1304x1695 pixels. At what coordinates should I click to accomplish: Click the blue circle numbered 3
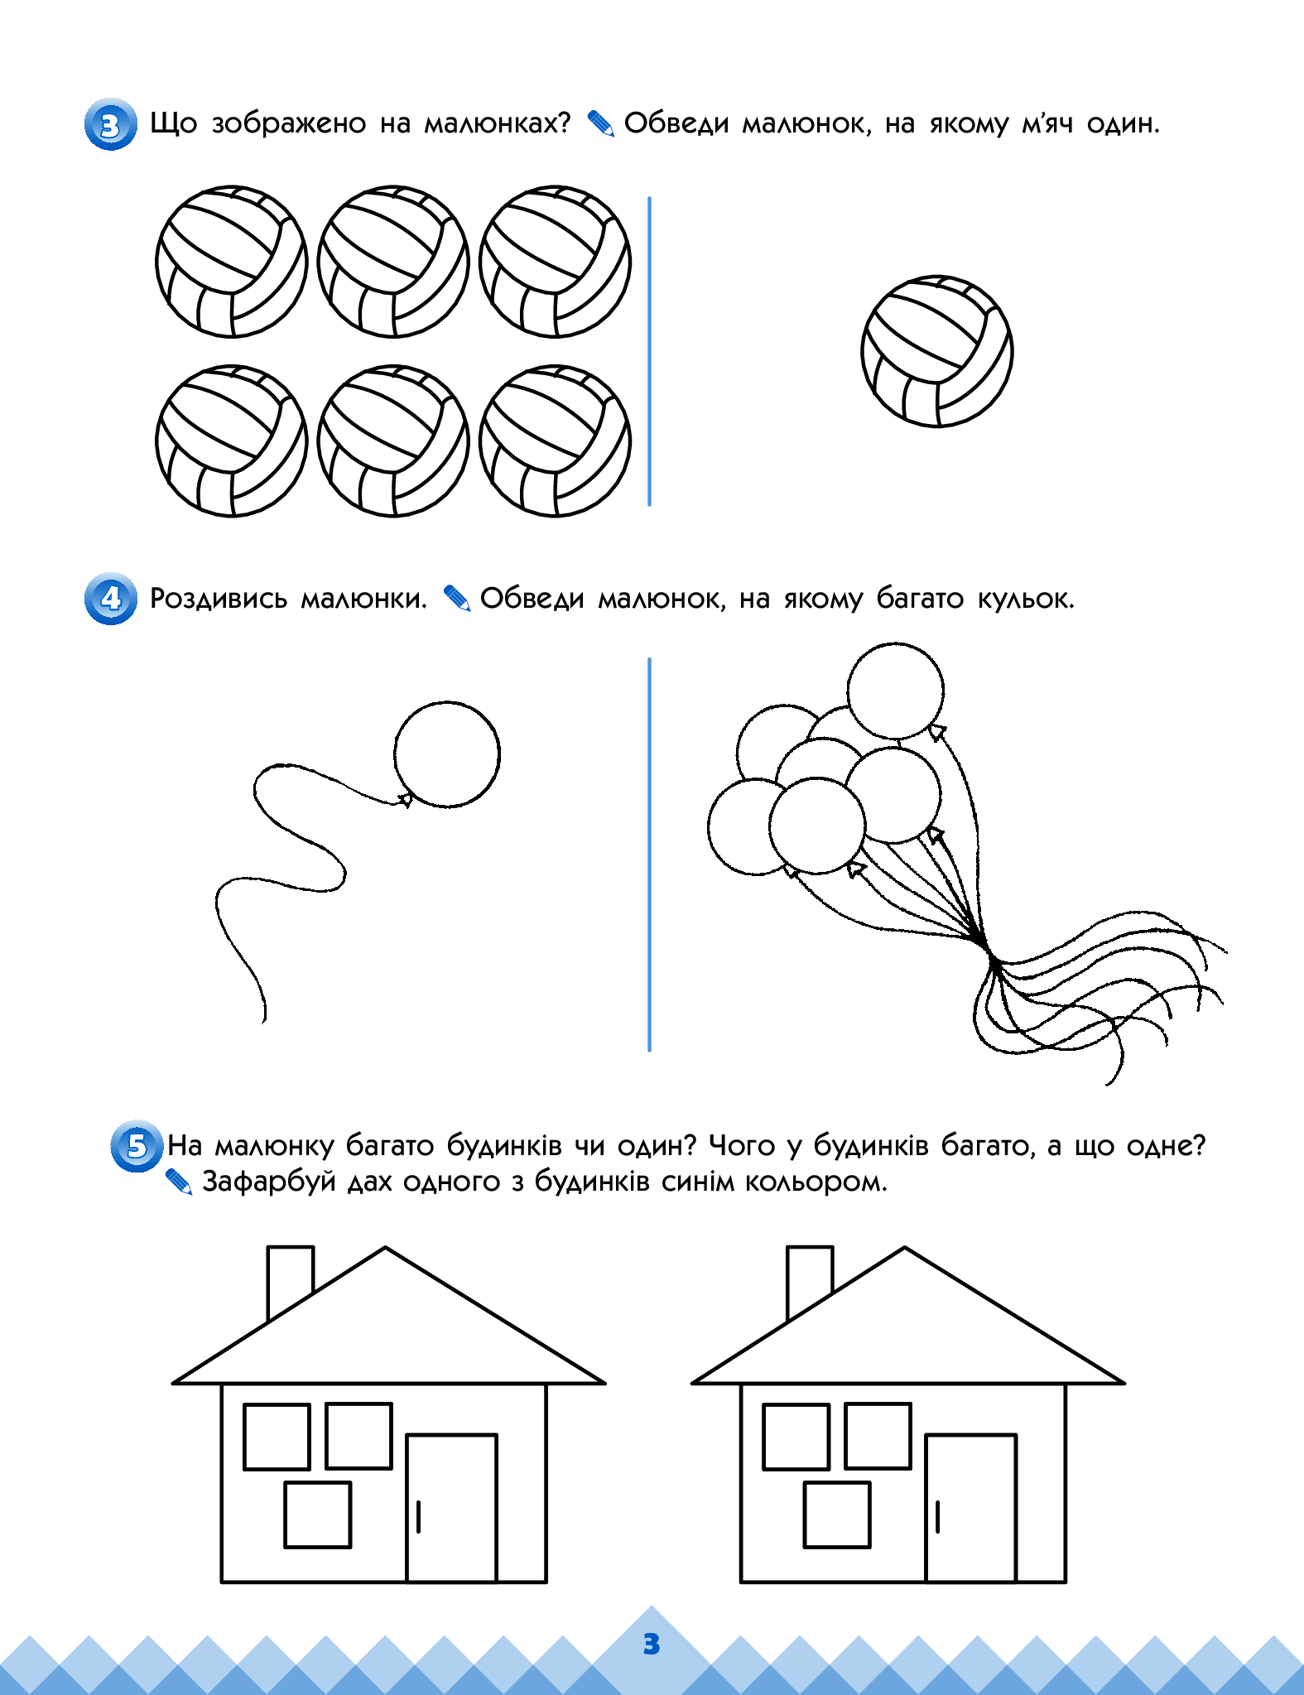tap(110, 125)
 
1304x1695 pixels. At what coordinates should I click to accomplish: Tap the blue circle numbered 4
tap(110, 599)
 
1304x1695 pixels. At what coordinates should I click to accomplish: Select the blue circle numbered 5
tap(137, 1146)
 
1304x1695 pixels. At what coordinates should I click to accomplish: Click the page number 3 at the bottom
tap(652, 1644)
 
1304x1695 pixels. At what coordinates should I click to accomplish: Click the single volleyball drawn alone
tap(936, 351)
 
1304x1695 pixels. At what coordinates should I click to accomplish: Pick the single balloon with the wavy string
tap(447, 754)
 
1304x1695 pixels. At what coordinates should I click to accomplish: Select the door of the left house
tap(451, 1508)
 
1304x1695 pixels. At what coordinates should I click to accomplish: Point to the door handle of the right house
tap(937, 1517)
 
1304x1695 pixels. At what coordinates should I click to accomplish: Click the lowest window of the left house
tap(318, 1514)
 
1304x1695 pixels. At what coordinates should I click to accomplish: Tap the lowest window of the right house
tap(837, 1514)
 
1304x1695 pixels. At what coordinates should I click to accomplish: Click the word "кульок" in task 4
tap(1026, 598)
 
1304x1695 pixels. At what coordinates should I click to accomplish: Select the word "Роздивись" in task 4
tap(219, 599)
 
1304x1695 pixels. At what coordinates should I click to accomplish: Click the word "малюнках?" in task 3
tap(498, 123)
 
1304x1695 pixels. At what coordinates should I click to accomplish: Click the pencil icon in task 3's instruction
tap(601, 124)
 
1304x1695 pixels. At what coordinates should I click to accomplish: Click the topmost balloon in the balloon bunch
tap(895, 691)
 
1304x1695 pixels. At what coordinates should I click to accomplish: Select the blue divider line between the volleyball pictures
tap(649, 351)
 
